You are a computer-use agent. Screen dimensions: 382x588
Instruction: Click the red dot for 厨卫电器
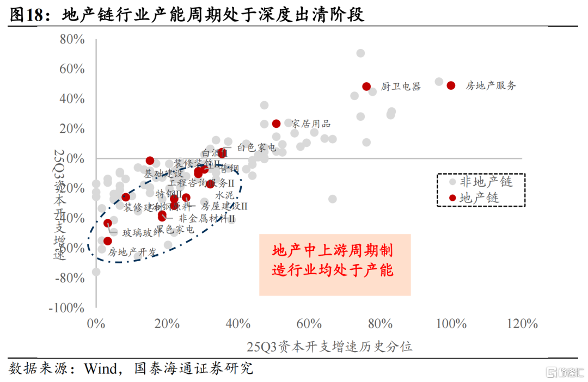366,87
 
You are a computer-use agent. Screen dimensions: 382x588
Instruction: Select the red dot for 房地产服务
451,85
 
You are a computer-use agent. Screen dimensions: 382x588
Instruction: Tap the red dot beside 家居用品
276,124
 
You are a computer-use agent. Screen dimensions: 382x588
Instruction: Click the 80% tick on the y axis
72,40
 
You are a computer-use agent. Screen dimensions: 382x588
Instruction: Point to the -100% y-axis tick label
66,307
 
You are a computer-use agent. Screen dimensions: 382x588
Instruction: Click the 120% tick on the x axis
522,323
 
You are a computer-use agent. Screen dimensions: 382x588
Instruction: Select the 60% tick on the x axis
309,323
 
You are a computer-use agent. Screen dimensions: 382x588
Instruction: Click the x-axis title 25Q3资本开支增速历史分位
329,347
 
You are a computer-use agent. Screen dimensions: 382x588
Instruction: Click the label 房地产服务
491,85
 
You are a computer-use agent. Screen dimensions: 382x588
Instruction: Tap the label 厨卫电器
401,87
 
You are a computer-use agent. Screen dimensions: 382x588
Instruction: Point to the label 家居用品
311,124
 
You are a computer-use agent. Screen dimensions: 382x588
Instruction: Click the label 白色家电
256,147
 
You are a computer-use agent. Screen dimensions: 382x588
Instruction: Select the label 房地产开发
132,252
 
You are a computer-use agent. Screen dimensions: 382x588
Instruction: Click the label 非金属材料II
207,218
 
